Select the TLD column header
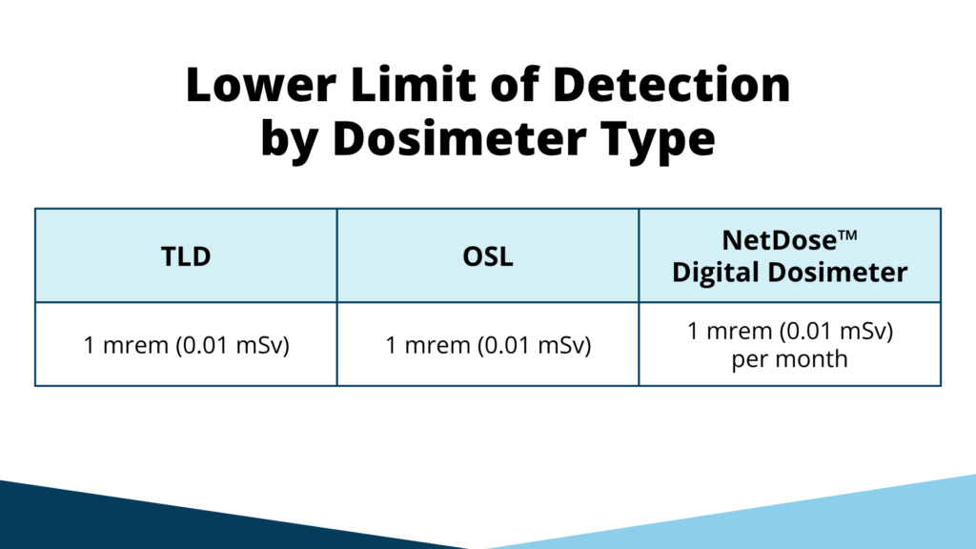(x=186, y=255)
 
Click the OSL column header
(x=487, y=255)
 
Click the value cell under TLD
(x=186, y=344)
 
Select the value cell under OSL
(x=487, y=344)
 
